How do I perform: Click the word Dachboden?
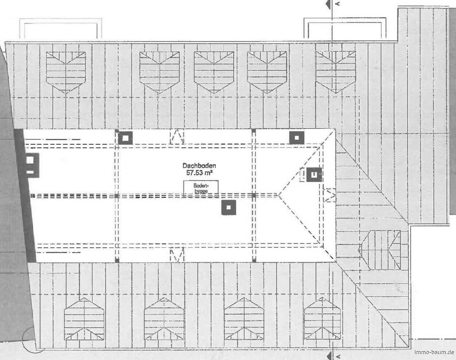199,166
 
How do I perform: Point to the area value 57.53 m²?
200,173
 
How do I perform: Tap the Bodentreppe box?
201,188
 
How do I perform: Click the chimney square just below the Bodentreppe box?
229,208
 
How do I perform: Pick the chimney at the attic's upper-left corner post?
125,138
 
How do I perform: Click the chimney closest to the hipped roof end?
314,175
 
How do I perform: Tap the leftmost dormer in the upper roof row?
66,73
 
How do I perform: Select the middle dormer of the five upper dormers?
214,73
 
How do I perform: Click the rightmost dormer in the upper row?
336,72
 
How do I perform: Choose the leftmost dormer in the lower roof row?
84,319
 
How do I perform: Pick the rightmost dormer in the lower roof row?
322,318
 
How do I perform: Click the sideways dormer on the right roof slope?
379,250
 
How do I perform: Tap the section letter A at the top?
338,3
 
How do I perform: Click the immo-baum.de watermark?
434,353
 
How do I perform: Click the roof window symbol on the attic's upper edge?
177,137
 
